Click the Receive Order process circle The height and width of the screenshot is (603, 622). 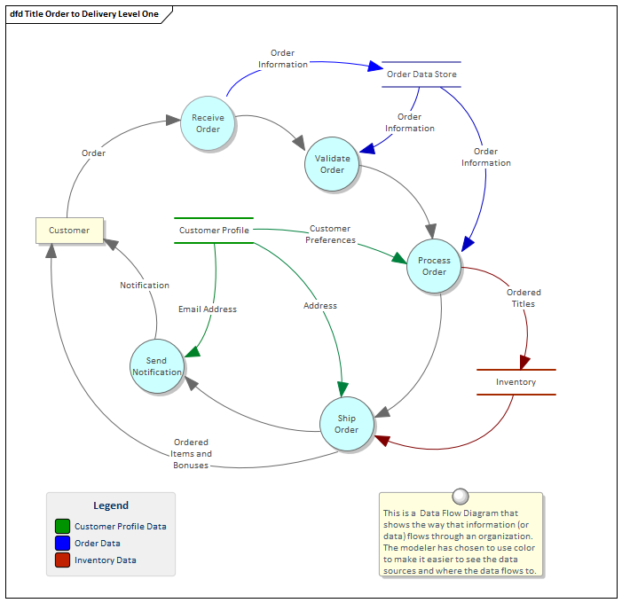(x=208, y=123)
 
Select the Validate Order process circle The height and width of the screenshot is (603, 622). (x=332, y=164)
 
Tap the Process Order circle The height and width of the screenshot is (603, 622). (x=434, y=266)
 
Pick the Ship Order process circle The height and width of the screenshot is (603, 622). (x=346, y=424)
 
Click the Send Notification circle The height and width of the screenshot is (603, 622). (x=157, y=366)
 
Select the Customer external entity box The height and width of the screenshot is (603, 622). (x=69, y=231)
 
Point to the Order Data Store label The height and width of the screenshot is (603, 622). (x=421, y=74)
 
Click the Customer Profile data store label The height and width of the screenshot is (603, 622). (x=214, y=231)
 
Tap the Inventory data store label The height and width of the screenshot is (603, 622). (x=516, y=382)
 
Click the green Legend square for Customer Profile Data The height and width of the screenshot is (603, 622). (x=62, y=526)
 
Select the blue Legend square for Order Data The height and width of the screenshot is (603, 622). (x=62, y=543)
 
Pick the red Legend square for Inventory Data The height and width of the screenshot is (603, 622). (x=62, y=560)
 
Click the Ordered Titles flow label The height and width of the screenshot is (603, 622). (x=524, y=298)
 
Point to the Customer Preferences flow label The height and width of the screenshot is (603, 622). (x=330, y=234)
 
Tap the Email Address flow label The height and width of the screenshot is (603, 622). (x=208, y=309)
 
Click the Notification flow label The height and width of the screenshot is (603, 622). (x=145, y=286)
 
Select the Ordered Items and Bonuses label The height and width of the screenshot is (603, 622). (x=191, y=453)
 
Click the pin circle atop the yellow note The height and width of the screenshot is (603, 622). (x=460, y=496)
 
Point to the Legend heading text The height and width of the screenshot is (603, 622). (x=111, y=505)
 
